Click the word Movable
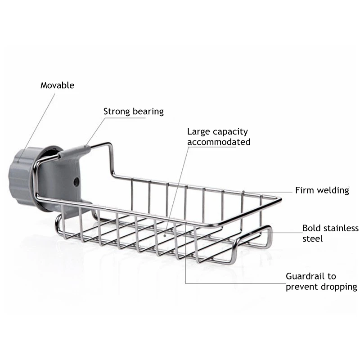(57, 85)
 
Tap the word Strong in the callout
(116, 111)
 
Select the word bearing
(148, 112)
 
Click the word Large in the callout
(198, 132)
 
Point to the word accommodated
(219, 142)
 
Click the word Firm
(305, 190)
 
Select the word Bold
(311, 228)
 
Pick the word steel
(312, 238)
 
